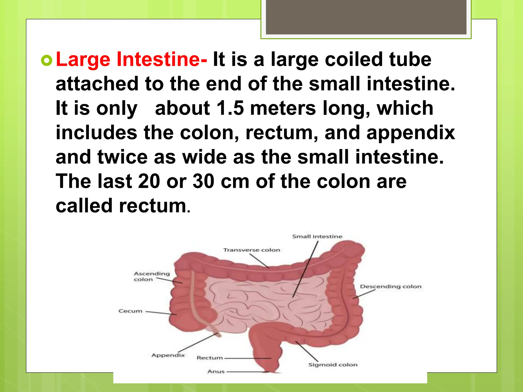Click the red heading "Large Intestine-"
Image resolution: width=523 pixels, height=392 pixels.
(x=131, y=59)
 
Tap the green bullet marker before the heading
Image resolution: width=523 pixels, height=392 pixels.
(x=46, y=60)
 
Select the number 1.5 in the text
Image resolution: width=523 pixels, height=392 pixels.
(x=230, y=108)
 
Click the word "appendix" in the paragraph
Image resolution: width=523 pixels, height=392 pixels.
(x=411, y=133)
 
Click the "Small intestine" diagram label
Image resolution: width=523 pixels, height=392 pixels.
(x=317, y=237)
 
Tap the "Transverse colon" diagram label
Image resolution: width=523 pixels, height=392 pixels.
(x=252, y=250)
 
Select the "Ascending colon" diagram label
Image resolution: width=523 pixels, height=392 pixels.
(x=151, y=276)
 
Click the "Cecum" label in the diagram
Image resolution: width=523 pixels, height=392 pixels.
(x=130, y=311)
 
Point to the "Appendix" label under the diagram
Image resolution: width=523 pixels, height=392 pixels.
(x=168, y=355)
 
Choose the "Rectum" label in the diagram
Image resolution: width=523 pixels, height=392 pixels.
(x=210, y=358)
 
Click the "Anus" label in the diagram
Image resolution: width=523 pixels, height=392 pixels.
(x=216, y=372)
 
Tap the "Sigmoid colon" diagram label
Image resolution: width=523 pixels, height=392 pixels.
(x=333, y=365)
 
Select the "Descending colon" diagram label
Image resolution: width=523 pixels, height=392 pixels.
(x=390, y=287)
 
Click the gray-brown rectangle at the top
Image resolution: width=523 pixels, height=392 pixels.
(x=366, y=17)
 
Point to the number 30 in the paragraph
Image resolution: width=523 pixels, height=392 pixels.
(x=203, y=181)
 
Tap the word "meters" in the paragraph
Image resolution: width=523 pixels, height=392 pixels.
(x=283, y=108)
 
